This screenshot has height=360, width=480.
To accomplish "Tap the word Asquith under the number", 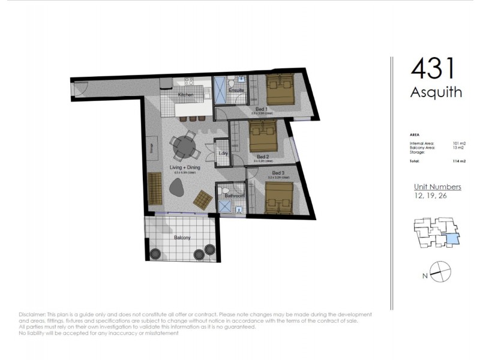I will (436, 92).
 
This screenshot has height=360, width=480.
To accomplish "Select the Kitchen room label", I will (185, 95).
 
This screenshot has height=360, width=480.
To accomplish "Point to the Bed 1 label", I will (261, 109).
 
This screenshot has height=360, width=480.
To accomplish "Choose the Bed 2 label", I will (262, 157).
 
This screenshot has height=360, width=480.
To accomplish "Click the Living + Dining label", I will (185, 168).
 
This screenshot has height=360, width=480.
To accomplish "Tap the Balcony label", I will (182, 238).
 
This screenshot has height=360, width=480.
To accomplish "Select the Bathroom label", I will (234, 196).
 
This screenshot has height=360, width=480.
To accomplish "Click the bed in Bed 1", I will (281, 90).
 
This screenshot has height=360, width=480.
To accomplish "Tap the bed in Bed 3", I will (280, 197).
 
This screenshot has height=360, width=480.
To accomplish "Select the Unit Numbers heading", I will (437, 187).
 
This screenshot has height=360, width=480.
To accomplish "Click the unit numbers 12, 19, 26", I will (430, 196).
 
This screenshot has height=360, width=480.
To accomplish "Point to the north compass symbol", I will (439, 271).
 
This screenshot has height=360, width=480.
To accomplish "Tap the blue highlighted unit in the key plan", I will (452, 240).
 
